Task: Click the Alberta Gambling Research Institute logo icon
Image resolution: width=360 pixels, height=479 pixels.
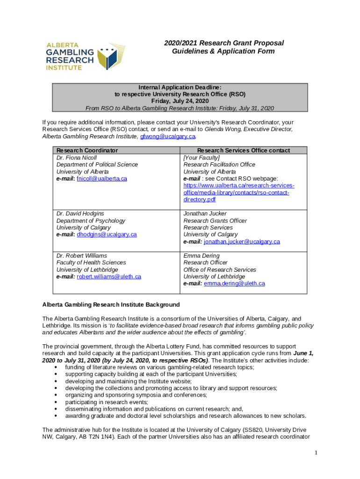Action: tap(109, 58)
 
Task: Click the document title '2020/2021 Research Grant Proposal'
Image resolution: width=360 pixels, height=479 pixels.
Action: tap(223, 43)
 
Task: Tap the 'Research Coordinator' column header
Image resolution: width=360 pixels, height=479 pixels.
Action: tap(87, 150)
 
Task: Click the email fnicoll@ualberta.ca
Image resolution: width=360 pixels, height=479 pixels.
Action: tap(102, 179)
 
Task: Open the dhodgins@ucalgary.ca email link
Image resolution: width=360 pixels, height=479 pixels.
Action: tap(107, 234)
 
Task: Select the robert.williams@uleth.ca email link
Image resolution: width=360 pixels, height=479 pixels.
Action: tap(109, 276)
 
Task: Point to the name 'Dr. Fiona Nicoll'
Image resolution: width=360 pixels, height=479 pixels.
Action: tap(77, 158)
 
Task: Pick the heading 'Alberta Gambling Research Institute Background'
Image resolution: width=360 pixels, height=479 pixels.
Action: tap(111, 305)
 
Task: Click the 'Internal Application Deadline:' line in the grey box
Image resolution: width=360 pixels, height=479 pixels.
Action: tap(180, 87)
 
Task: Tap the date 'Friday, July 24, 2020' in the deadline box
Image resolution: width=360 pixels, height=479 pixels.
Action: tap(180, 101)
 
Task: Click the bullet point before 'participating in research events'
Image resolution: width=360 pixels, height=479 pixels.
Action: tap(56, 402)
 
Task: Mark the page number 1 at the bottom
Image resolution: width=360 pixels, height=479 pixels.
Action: tap(316, 452)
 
